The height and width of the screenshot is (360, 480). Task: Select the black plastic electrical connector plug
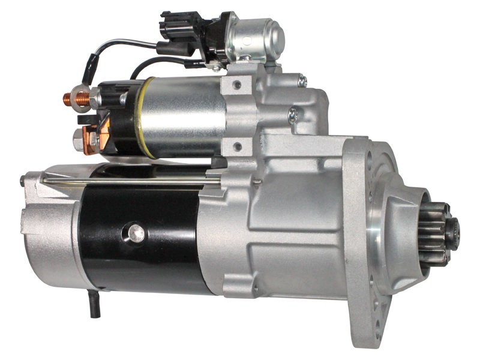180,27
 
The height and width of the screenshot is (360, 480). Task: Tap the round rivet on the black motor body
136,232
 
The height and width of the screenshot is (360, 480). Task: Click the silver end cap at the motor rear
48,234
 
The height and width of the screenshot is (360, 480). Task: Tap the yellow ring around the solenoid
145,118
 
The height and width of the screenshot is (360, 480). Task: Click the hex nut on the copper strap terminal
77,140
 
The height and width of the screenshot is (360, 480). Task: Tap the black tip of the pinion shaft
454,229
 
